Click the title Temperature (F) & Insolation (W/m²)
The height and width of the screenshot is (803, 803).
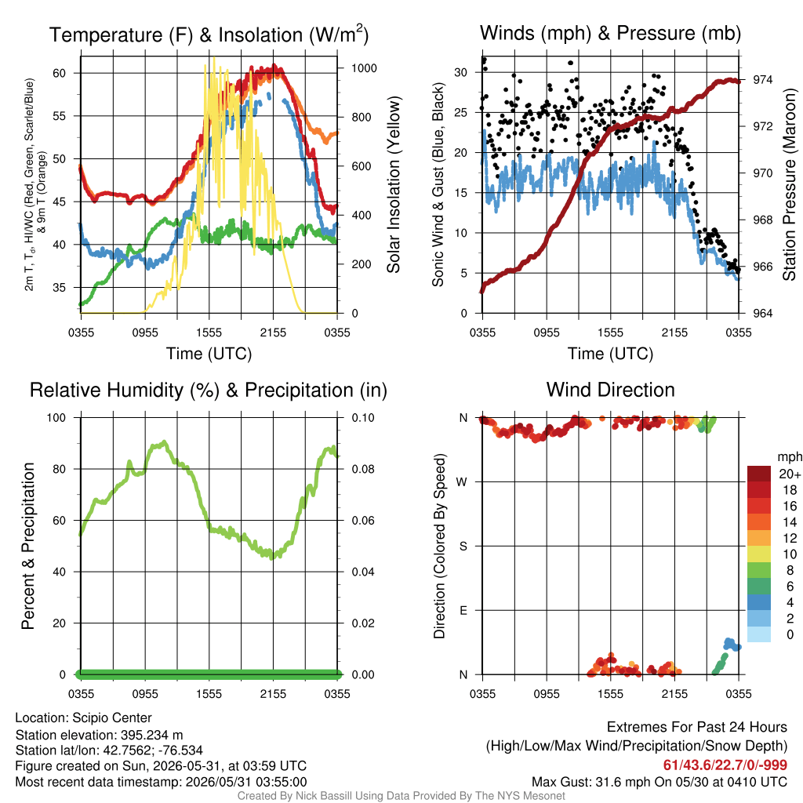(209, 35)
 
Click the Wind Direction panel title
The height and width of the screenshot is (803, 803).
(610, 390)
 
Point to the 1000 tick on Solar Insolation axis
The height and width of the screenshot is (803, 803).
(364, 68)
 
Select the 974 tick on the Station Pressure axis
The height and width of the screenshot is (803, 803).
(762, 79)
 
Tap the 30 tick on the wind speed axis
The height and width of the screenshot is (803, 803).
(461, 72)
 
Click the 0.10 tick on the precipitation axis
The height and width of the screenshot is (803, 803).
(363, 417)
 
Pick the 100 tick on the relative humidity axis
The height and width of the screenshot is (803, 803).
(56, 417)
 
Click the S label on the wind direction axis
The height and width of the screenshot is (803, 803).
(463, 546)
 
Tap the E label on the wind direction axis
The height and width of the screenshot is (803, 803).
(463, 610)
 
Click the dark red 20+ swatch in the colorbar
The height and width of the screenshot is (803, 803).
(759, 474)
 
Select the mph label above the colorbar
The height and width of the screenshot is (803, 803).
(790, 456)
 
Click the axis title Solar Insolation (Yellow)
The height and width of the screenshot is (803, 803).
(394, 185)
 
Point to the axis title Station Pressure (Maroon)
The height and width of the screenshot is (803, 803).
(789, 185)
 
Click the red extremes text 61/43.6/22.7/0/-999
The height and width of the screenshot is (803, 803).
(725, 765)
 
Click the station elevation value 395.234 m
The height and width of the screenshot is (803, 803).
(151, 735)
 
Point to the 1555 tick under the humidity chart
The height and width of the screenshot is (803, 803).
(209, 694)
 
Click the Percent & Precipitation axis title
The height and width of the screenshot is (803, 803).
(27, 546)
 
